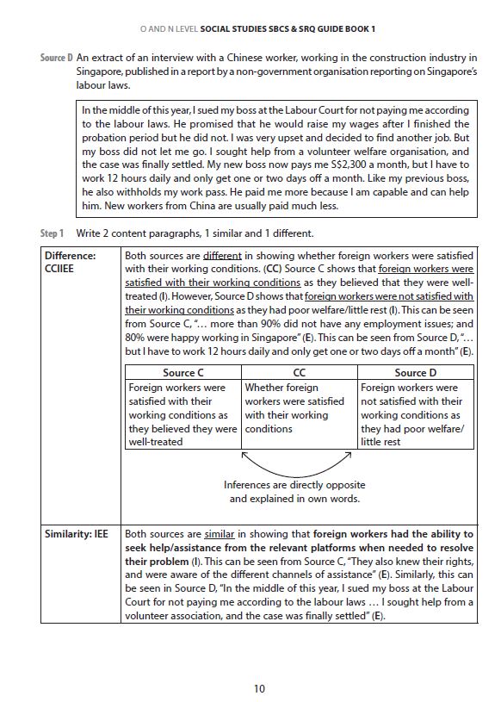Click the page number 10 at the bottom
259,687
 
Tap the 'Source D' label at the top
57,58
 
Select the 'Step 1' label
53,233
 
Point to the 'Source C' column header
182,373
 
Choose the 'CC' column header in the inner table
299,373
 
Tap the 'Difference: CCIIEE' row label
71,263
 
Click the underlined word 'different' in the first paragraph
222,256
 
